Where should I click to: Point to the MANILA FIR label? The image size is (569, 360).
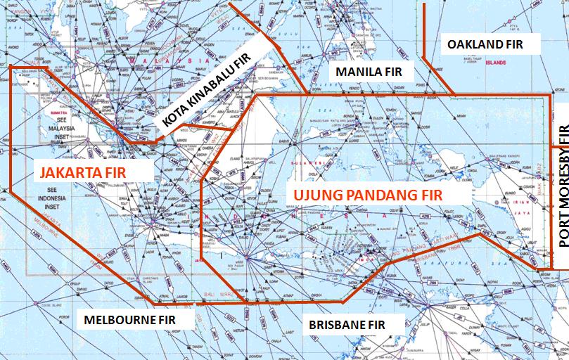[x=369, y=72]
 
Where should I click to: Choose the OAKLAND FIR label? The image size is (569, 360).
[x=485, y=44]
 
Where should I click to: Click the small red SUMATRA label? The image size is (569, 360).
[x=54, y=112]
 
